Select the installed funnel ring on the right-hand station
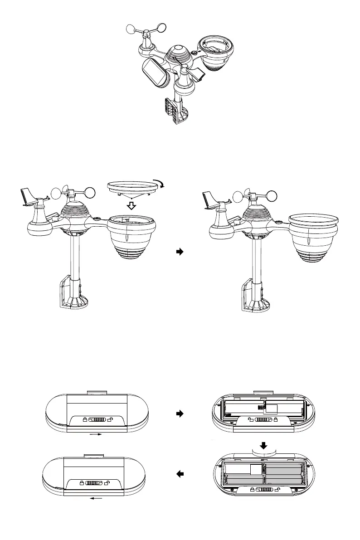click(314, 219)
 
